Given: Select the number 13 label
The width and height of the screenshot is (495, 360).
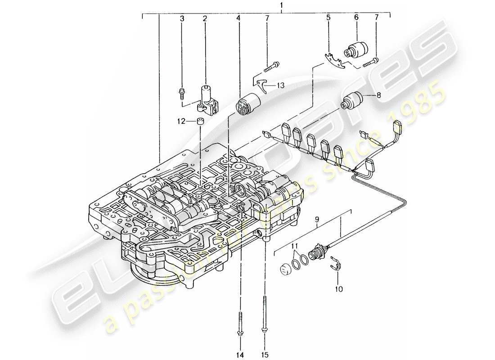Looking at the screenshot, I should (x=281, y=85).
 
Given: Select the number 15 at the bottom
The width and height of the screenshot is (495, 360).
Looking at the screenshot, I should (x=264, y=354).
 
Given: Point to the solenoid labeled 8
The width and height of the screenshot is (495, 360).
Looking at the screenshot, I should (x=354, y=100).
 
